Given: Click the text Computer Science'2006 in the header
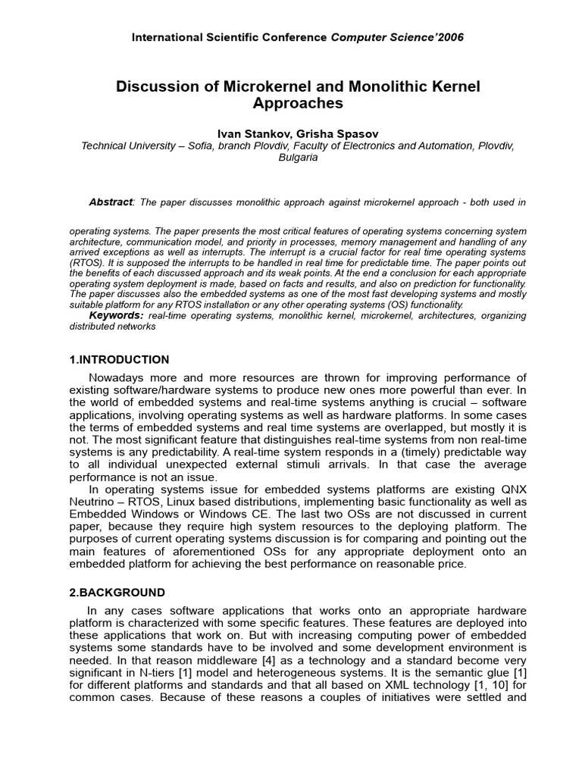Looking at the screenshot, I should pyautogui.click(x=397, y=37).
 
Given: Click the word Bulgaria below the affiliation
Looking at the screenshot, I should pyautogui.click(x=298, y=158).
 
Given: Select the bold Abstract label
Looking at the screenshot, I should pyautogui.click(x=111, y=202).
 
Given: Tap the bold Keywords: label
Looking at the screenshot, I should pyautogui.click(x=116, y=314).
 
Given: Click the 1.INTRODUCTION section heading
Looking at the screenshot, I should pyautogui.click(x=119, y=359).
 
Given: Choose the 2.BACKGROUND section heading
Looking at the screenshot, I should pyautogui.click(x=117, y=592).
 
